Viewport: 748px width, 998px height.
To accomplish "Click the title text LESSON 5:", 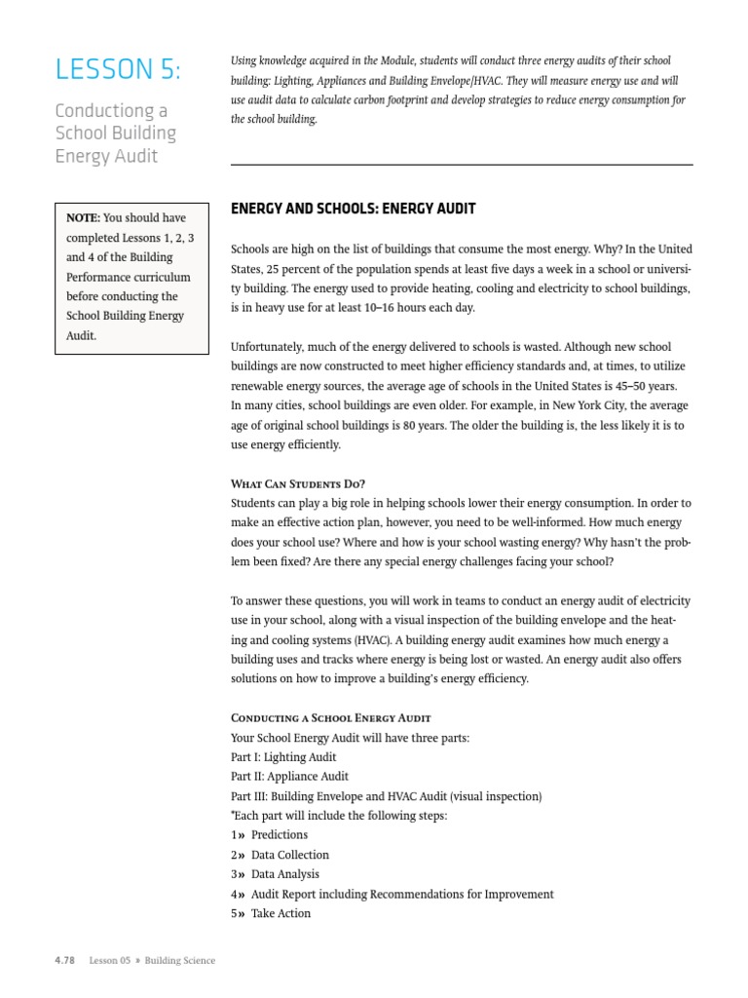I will (x=117, y=70).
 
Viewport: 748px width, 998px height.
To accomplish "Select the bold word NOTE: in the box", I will (x=82, y=218).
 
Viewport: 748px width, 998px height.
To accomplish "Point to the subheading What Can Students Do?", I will (x=298, y=484).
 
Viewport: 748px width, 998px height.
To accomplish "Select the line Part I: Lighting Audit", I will (x=284, y=757).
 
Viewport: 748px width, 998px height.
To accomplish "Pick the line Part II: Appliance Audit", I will (x=289, y=777).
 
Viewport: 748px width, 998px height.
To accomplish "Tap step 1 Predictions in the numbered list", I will (x=279, y=835).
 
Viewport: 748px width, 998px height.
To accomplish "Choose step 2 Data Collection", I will (x=289, y=855).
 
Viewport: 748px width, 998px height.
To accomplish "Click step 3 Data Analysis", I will (x=284, y=874).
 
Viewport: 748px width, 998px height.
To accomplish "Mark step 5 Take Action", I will (x=280, y=913).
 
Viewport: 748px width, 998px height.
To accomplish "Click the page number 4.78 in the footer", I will (x=65, y=961).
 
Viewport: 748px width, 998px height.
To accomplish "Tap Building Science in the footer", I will (x=180, y=961).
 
